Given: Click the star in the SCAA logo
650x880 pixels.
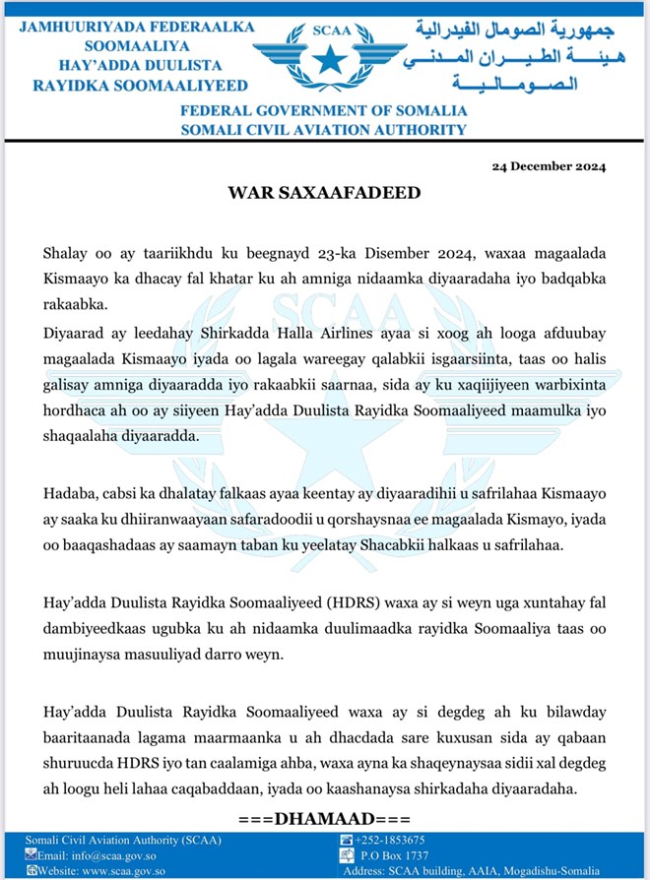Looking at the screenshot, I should [x=327, y=59].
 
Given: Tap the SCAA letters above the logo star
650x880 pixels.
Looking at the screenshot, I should [x=327, y=31].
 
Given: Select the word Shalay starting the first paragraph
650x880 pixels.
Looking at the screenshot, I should [x=63, y=255].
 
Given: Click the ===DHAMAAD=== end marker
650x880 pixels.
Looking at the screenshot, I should [x=323, y=819].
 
